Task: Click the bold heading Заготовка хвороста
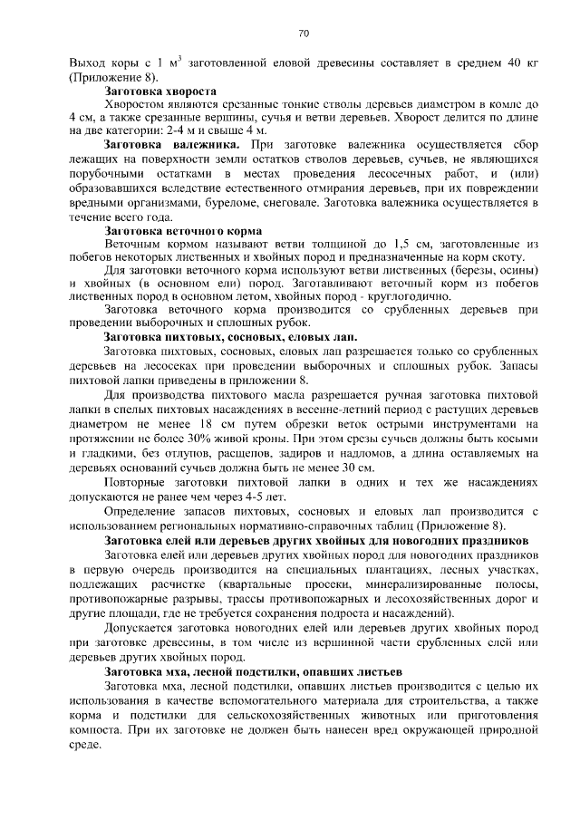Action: click(x=160, y=92)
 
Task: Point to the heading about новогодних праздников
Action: click(x=317, y=541)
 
